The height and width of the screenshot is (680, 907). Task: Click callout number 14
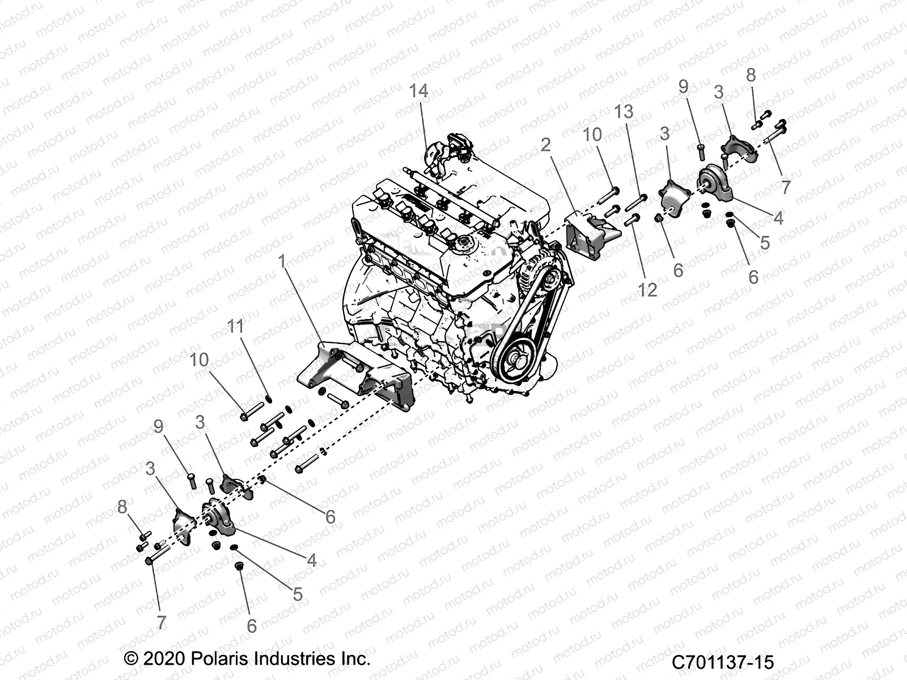coord(419,91)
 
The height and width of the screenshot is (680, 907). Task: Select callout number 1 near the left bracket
coord(282,262)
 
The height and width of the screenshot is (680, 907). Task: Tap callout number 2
coord(545,144)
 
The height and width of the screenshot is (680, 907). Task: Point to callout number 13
coord(624,112)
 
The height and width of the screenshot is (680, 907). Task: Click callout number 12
coord(647,290)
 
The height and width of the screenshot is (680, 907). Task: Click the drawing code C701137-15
coord(723,662)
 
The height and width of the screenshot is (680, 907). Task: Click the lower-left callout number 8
coord(122,507)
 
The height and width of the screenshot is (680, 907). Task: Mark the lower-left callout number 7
coord(162,622)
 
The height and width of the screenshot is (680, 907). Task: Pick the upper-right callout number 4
coord(778,218)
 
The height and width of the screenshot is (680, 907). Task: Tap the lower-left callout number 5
coord(298,594)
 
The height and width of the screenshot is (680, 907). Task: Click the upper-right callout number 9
coord(683,87)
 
